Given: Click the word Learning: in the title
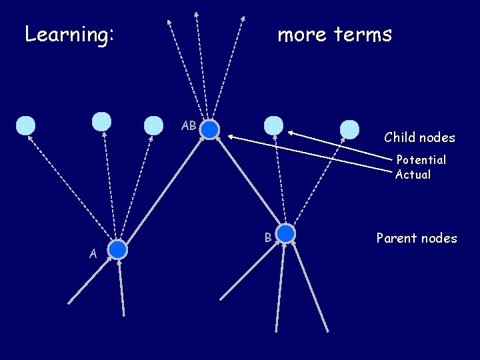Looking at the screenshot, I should (x=69, y=34).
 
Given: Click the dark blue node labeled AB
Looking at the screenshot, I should (x=210, y=129).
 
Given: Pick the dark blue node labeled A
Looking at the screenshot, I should (x=118, y=249).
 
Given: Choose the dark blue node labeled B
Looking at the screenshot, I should (x=285, y=233).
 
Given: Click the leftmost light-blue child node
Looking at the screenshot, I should (x=25, y=125).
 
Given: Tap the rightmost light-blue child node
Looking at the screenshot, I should (x=349, y=129).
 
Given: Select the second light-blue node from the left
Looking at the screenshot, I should (x=101, y=121).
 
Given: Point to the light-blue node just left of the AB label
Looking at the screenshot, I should (x=153, y=125).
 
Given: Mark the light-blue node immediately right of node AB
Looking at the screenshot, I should (x=273, y=125).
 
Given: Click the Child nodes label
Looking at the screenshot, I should (x=419, y=138).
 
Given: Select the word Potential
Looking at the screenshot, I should (x=421, y=160).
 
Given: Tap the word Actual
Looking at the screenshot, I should (x=413, y=175).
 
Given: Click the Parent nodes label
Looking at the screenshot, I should (x=417, y=238).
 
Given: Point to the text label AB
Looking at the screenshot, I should (x=189, y=126).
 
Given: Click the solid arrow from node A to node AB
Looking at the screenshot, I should (x=163, y=190).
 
